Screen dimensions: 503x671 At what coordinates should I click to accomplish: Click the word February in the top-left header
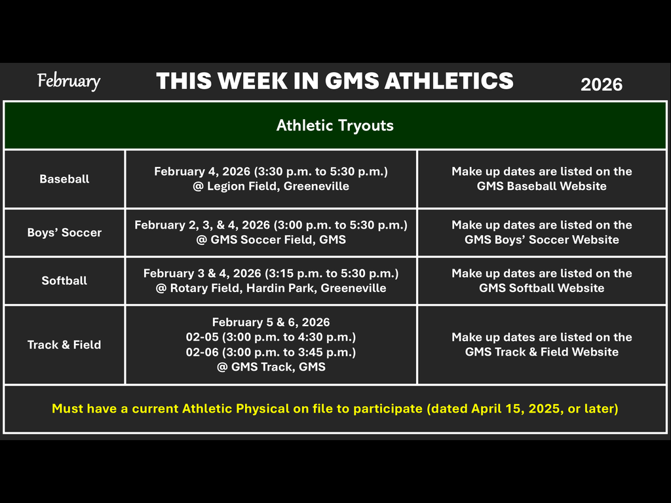point(69,81)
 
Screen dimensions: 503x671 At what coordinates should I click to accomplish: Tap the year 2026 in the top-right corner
point(602,84)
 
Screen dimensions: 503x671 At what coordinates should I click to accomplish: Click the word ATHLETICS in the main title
point(449,81)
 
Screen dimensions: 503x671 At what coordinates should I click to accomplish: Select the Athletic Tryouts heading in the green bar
point(335,125)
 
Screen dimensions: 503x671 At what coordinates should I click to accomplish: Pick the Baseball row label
point(64,179)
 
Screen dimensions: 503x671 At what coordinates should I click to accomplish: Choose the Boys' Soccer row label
point(64,233)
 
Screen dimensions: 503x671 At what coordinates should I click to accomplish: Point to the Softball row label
point(64,280)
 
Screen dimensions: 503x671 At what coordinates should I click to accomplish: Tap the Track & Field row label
point(64,345)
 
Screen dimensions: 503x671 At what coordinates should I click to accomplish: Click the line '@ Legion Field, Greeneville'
point(271,186)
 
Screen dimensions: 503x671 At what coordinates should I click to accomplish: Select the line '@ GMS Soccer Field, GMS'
point(271,240)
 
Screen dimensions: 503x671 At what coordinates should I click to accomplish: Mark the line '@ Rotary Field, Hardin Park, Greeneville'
point(271,288)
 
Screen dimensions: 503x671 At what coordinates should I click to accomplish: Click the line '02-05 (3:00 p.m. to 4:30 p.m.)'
point(271,337)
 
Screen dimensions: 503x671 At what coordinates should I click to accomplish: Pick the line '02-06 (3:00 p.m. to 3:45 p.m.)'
point(271,352)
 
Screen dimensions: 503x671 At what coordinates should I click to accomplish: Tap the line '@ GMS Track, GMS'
point(271,367)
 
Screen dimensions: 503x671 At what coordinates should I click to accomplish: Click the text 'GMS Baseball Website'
point(541,186)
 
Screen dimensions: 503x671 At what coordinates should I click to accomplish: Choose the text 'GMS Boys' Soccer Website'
point(541,240)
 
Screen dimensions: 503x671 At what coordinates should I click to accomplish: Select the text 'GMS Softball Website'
point(541,288)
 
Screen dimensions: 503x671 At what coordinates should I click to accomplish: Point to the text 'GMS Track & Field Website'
point(541,352)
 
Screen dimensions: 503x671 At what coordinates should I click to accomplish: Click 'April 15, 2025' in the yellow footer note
point(512,409)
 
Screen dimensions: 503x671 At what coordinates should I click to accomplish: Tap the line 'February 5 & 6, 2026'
point(271,322)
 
